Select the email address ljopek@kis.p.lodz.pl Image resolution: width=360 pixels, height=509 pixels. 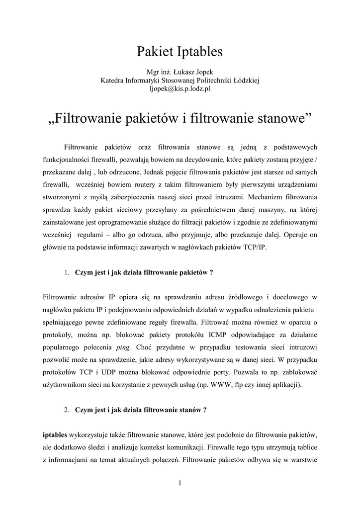point(180,88)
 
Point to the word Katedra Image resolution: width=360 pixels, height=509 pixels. point(112,80)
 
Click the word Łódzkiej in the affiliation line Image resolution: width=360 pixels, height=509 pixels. point(245,80)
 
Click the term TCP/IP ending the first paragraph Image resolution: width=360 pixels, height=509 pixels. point(255,247)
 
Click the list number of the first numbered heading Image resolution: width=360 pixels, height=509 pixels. point(67,272)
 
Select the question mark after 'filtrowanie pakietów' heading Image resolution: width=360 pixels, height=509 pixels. point(211,272)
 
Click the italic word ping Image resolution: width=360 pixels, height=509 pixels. point(123,346)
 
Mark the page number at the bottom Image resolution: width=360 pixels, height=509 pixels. point(180,484)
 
